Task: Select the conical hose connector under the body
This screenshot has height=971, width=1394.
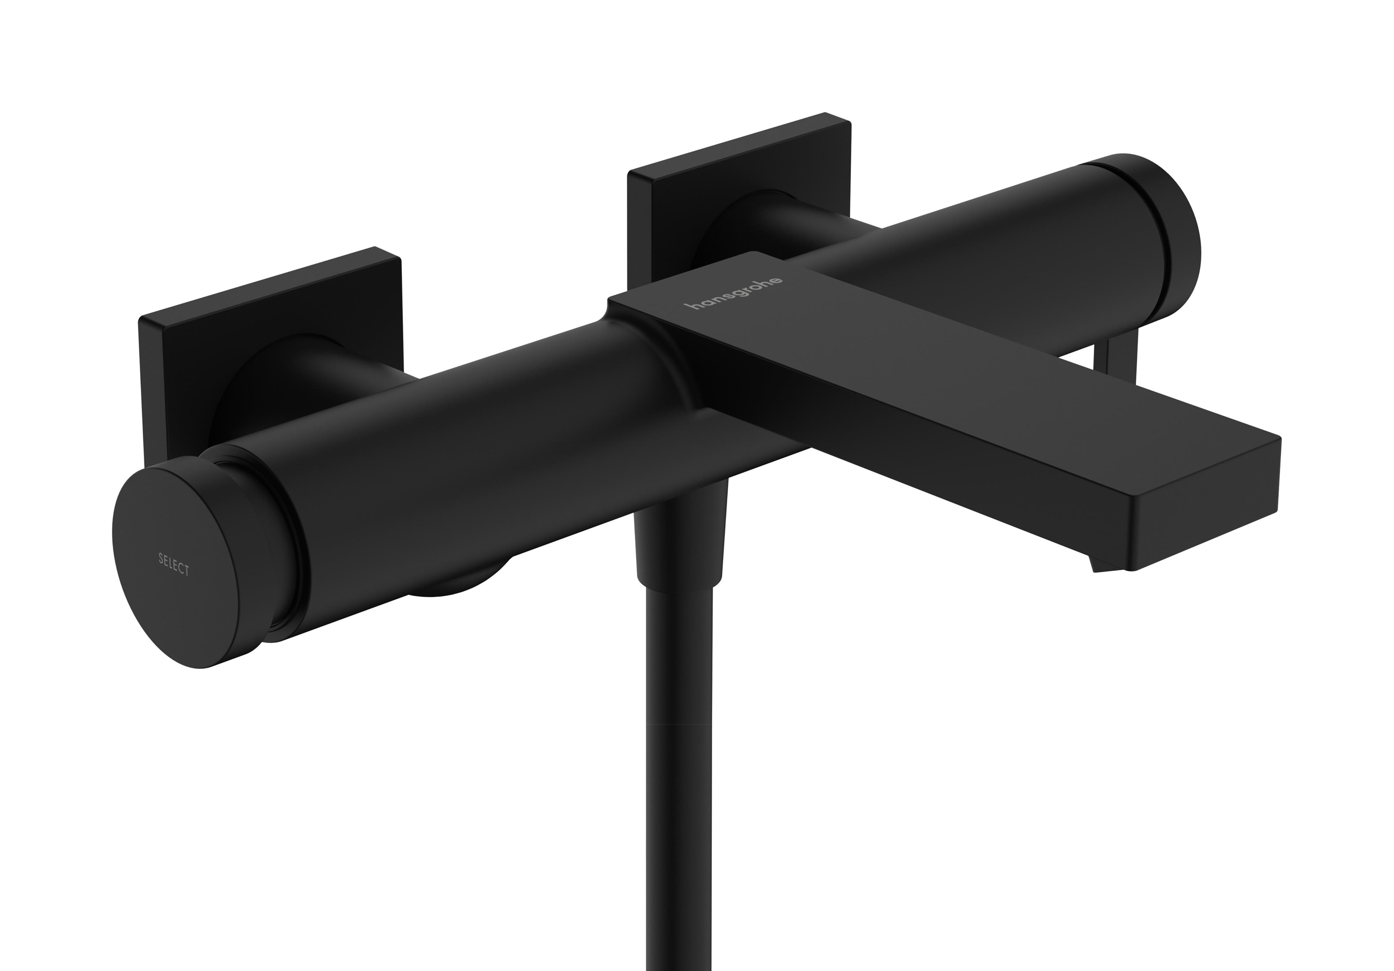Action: click(x=680, y=534)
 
